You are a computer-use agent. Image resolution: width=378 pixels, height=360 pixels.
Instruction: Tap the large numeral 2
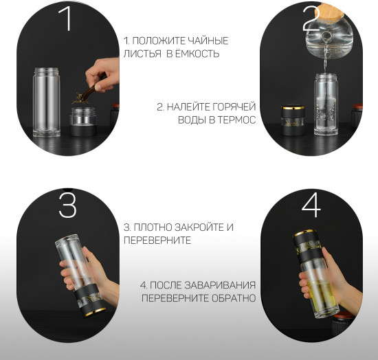pos(311,19)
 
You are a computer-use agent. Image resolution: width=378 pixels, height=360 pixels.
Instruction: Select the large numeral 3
pos(68,205)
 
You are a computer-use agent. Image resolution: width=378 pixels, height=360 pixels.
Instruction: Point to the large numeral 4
pos(311,205)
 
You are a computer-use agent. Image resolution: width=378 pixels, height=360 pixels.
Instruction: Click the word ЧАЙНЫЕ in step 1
pos(207,41)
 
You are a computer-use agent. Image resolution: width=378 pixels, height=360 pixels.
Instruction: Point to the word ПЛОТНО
pos(153,227)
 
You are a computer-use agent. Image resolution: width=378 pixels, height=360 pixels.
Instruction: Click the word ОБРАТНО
pos(234,298)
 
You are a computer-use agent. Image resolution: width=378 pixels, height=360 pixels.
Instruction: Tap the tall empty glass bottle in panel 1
pos(47,102)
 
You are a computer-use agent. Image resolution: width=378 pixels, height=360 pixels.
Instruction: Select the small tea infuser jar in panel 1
pos(83,121)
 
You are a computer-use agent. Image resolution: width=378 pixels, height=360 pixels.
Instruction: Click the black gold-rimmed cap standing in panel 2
pos(293,120)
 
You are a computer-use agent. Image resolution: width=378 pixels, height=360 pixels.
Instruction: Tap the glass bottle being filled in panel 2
pos(326,104)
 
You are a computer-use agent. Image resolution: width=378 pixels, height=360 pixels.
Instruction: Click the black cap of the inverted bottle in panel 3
pos(90,300)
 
